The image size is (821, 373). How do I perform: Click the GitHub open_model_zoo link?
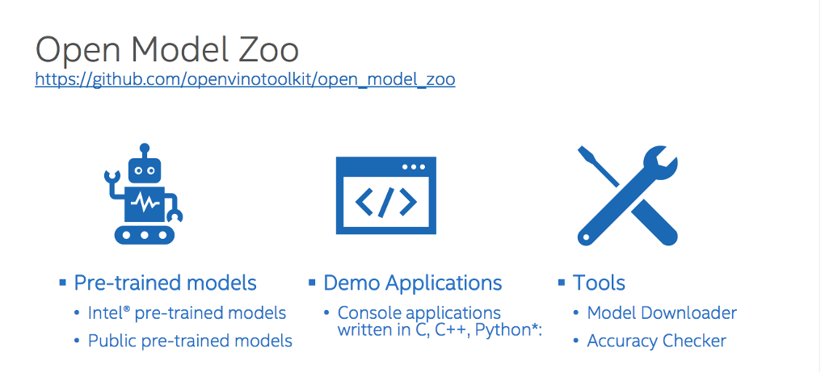click(245, 79)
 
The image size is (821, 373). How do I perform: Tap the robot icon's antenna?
click(145, 150)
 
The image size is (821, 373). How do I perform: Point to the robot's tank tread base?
click(145, 234)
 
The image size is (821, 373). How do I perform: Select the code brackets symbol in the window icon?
click(386, 203)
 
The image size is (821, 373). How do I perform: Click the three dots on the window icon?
click(413, 167)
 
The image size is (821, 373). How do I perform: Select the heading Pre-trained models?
click(165, 283)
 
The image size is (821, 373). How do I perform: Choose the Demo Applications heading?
click(412, 283)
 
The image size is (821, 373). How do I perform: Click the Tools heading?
click(599, 283)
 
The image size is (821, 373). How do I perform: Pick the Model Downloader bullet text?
click(662, 312)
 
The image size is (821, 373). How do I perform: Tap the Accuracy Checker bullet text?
click(656, 341)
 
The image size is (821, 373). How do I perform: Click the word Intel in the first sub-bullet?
click(103, 312)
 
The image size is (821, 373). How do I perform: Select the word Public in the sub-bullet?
click(112, 341)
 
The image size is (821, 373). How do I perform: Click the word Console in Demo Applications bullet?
click(368, 312)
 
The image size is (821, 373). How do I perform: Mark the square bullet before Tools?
click(561, 282)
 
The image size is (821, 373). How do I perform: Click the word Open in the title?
click(74, 50)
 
